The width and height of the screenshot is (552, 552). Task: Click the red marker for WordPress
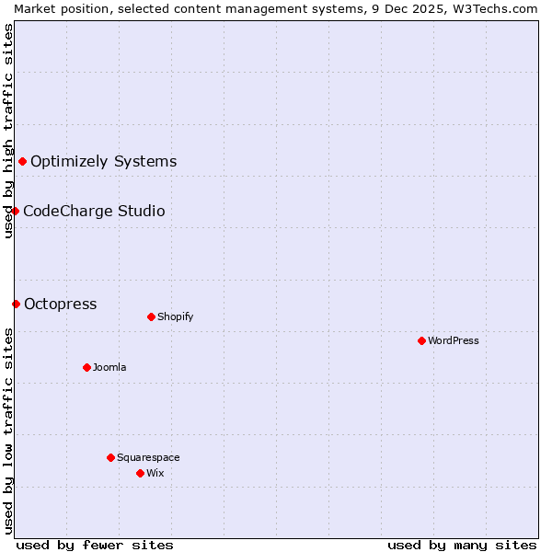tap(421, 340)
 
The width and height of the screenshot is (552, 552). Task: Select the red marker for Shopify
tap(151, 316)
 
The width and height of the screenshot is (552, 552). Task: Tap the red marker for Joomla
tap(86, 367)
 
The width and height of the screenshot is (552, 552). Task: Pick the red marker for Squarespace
tap(110, 457)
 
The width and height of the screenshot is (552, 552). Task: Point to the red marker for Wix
tap(140, 473)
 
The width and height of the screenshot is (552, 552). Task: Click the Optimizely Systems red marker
tap(22, 162)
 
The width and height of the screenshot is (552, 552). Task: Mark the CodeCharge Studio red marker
tap(15, 212)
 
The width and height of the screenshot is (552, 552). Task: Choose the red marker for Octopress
tap(16, 305)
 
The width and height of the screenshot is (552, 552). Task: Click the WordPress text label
tap(454, 340)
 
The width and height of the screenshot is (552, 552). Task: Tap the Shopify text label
tap(175, 316)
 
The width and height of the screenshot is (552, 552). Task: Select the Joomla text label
tap(109, 367)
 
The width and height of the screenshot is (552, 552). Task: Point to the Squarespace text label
tap(148, 457)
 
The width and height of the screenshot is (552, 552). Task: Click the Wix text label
tap(155, 473)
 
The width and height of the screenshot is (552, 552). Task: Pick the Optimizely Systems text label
tap(103, 162)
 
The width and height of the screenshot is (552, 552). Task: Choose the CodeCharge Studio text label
tap(94, 212)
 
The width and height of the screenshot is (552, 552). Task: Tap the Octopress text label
tap(60, 305)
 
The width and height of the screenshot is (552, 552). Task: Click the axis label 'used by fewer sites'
tap(95, 545)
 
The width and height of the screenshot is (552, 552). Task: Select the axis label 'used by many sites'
tap(462, 545)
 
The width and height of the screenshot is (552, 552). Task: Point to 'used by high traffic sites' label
tap(8, 131)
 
